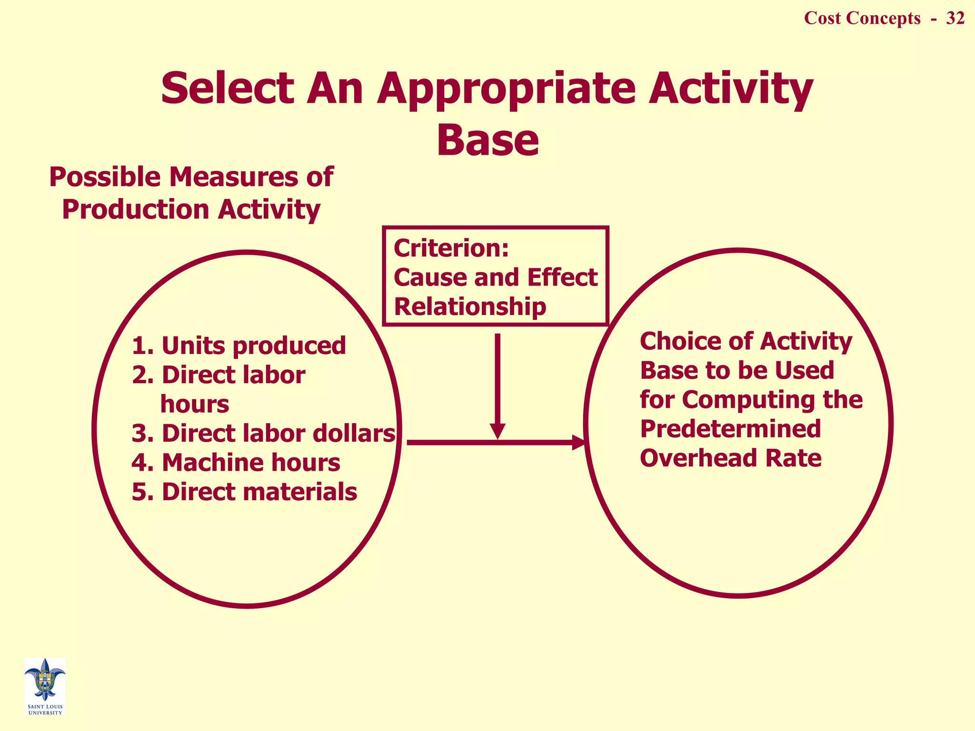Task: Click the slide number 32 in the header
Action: pos(955,18)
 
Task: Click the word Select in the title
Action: pos(227,89)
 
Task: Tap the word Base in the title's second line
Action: pos(487,140)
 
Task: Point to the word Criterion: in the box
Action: pos(451,248)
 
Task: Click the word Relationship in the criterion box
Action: pos(470,306)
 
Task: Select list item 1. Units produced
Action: pos(239,346)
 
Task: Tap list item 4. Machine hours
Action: pos(236,463)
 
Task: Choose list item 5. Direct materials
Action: pos(244,492)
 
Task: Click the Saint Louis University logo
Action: pos(45,685)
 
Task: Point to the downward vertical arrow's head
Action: pos(497,431)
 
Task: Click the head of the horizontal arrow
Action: pos(578,443)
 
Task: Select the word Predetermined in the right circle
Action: pos(730,429)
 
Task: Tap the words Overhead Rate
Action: pos(730,458)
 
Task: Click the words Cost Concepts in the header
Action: pos(862,18)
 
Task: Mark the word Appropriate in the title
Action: pos(506,89)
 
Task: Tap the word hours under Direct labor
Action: pos(195,405)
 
